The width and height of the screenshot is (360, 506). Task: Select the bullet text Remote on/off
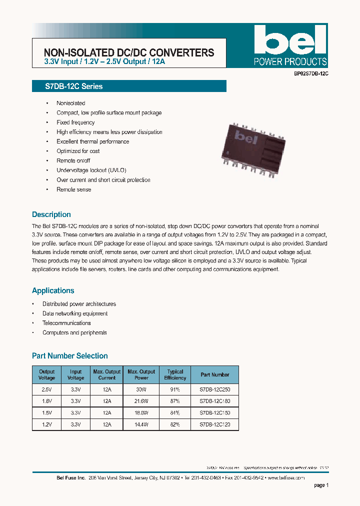click(x=73, y=161)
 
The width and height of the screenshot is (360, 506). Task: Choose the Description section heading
click(x=51, y=214)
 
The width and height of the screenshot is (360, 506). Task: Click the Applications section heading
click(x=53, y=290)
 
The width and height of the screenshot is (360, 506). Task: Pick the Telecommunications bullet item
click(x=66, y=323)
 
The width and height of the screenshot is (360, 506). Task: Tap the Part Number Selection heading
click(x=70, y=356)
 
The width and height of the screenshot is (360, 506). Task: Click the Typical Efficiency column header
click(x=175, y=375)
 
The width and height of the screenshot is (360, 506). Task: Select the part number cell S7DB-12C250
click(x=215, y=389)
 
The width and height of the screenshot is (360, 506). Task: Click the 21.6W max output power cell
click(x=141, y=401)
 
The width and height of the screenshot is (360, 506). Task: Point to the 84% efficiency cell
click(x=175, y=413)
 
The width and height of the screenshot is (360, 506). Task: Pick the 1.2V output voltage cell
click(x=47, y=424)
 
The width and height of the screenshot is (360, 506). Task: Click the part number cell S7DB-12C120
click(x=215, y=424)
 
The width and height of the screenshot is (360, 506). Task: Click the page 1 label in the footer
click(x=321, y=485)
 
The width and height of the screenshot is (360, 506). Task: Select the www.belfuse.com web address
click(x=286, y=477)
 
